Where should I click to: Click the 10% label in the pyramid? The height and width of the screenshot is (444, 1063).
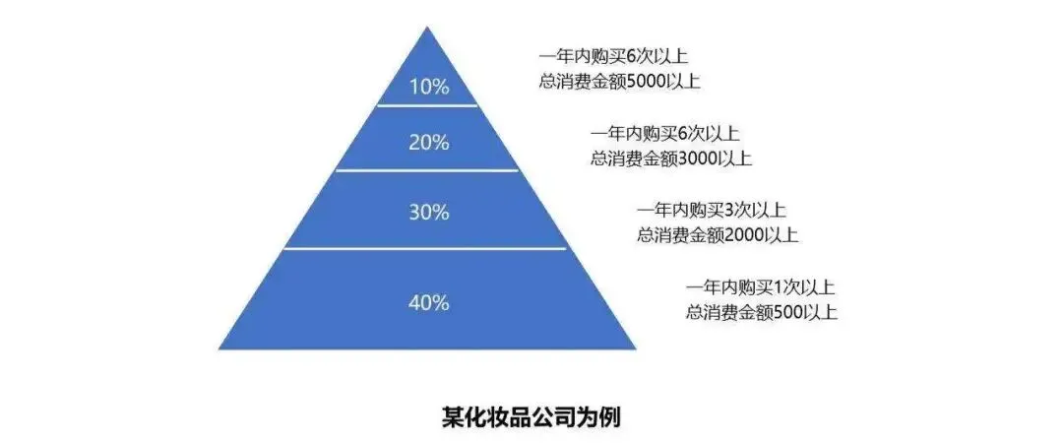pos(428,87)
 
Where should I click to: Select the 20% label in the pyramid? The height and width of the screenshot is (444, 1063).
pos(428,142)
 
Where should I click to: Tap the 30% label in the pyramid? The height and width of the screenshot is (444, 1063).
pos(428,212)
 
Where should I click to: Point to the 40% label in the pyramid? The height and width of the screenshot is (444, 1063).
pos(428,302)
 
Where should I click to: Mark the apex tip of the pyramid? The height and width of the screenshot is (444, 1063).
pos(427,28)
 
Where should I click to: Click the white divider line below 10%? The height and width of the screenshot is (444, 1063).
pos(427,104)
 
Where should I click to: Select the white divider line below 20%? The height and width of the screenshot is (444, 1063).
pos(427,170)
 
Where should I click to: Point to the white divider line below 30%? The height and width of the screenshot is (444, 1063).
pos(427,248)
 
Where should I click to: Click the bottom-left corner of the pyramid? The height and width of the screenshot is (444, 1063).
pos(219,349)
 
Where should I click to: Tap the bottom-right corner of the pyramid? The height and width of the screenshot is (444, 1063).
pos(635,349)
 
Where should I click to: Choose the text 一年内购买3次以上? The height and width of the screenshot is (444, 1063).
pos(711,210)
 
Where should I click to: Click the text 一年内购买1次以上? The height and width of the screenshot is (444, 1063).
pos(760,287)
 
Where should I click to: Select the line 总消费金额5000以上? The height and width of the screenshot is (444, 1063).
pos(619,82)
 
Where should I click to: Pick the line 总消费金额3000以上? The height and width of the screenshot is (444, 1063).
pos(670,157)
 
